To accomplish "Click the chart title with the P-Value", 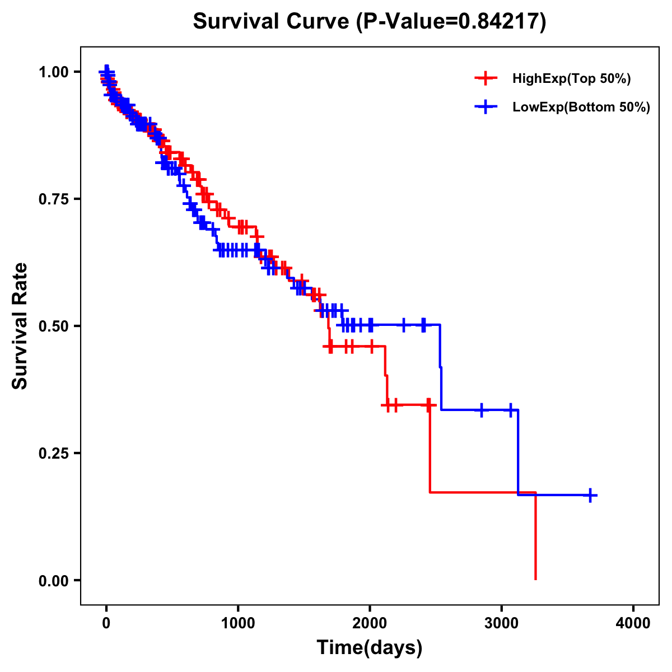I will tap(370, 22).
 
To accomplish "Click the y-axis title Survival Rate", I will tap(20, 325).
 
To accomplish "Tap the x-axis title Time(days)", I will tap(370, 647).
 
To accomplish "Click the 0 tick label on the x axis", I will tap(106, 623).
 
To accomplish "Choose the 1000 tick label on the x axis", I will tap(238, 623).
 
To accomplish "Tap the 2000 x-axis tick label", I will tap(370, 623).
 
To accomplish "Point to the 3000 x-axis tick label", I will tap(502, 623).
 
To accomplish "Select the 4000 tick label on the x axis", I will tap(633, 623).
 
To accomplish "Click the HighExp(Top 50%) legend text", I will tap(572, 79).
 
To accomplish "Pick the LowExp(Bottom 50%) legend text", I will tap(581, 108).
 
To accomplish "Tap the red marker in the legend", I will tap(486, 78).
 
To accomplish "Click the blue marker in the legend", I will tap(486, 107).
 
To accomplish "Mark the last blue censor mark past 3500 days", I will tap(590, 495).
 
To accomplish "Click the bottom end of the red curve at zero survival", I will tap(536, 578).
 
